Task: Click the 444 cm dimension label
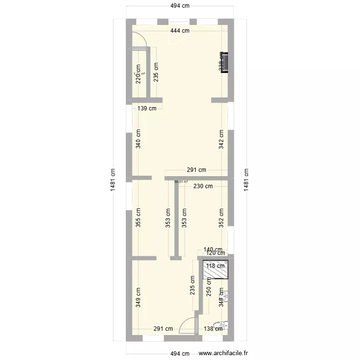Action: click(x=179, y=31)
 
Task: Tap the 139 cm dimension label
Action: click(x=147, y=108)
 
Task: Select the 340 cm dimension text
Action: click(x=138, y=139)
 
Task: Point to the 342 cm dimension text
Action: click(x=221, y=139)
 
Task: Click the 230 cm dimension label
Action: click(x=203, y=187)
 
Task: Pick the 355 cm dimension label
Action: click(x=138, y=217)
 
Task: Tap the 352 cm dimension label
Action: click(x=221, y=217)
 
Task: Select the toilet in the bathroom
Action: click(x=220, y=326)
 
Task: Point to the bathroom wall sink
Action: click(x=225, y=295)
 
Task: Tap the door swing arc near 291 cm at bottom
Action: click(x=187, y=327)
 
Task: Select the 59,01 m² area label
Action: click(x=181, y=182)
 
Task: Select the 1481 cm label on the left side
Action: click(x=113, y=180)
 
